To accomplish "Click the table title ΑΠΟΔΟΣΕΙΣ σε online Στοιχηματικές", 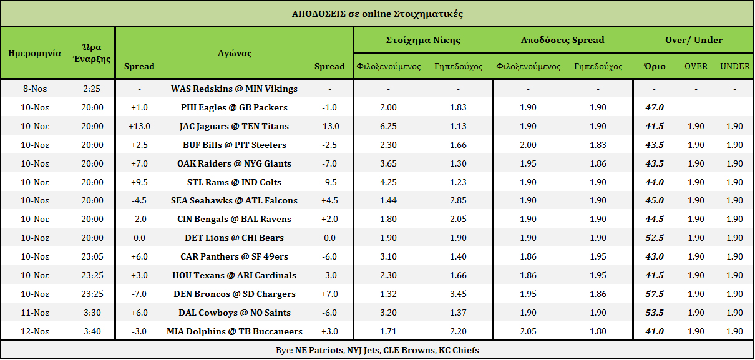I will (x=377, y=13).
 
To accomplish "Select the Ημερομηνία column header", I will (x=35, y=53).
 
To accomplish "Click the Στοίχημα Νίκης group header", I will (x=423, y=40).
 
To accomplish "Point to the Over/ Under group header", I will (x=694, y=40).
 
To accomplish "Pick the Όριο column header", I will (x=655, y=66).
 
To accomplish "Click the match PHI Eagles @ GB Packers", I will (x=234, y=107).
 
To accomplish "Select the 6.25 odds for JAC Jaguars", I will (x=388, y=126).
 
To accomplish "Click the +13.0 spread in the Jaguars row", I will (x=139, y=126).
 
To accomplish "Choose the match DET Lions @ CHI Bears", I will (x=234, y=238).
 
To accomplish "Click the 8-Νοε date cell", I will (x=35, y=89).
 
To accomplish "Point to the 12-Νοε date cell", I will (x=35, y=331).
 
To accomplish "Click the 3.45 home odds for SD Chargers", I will (x=458, y=294).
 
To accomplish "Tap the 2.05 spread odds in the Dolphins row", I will (x=528, y=331).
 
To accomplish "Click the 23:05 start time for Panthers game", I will (x=92, y=256).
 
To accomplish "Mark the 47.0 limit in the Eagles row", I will (x=655, y=107).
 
